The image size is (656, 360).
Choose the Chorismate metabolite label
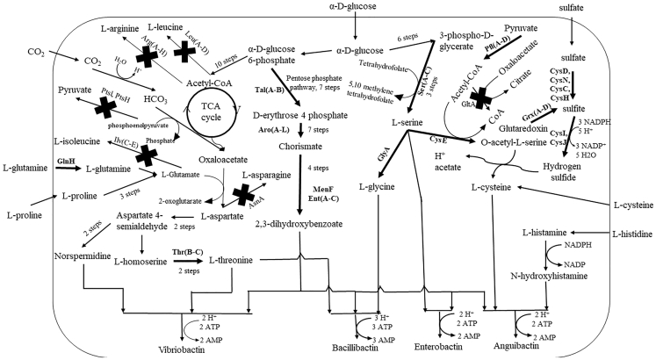[x=302, y=147]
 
